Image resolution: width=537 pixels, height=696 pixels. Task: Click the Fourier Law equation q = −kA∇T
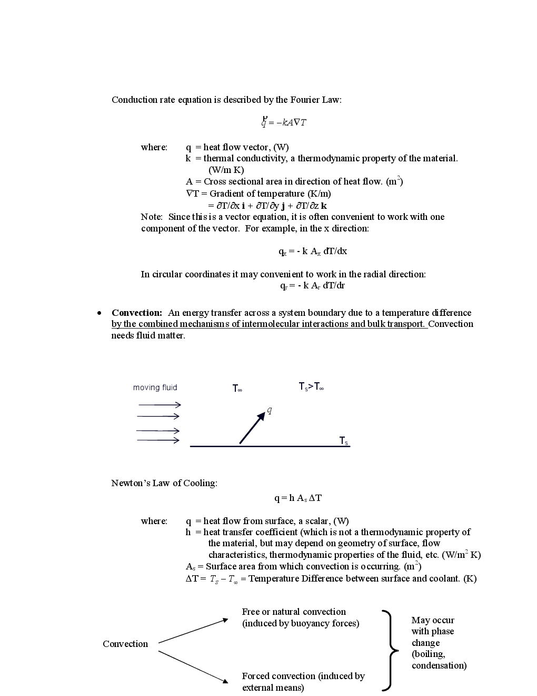pos(284,122)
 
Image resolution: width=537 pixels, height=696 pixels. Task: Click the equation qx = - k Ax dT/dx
pos(313,252)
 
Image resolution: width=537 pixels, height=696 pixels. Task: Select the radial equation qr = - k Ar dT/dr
pos(313,286)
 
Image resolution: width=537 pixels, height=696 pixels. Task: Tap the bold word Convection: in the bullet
pos(137,313)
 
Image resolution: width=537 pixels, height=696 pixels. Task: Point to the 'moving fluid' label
pos(155,388)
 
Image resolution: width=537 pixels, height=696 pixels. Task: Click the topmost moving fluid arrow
pos(160,404)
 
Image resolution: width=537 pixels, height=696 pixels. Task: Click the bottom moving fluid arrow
pos(158,440)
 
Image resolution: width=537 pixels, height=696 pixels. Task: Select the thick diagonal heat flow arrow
pos(252,428)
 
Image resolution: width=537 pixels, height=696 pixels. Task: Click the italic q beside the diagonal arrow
pos(270,410)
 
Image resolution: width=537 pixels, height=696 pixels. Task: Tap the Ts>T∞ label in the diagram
pos(311,387)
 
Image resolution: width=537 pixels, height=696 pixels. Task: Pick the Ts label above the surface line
pos(343,440)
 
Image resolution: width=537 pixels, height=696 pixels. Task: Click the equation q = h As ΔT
pos(298,498)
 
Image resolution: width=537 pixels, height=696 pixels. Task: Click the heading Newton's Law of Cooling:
pos(164,483)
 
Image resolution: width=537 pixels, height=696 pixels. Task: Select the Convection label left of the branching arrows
pos(125,644)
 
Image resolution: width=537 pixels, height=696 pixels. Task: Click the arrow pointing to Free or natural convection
pos(193,631)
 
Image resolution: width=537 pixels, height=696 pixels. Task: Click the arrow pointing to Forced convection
pos(193,667)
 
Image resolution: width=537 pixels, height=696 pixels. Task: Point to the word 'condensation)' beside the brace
pos(439,665)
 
